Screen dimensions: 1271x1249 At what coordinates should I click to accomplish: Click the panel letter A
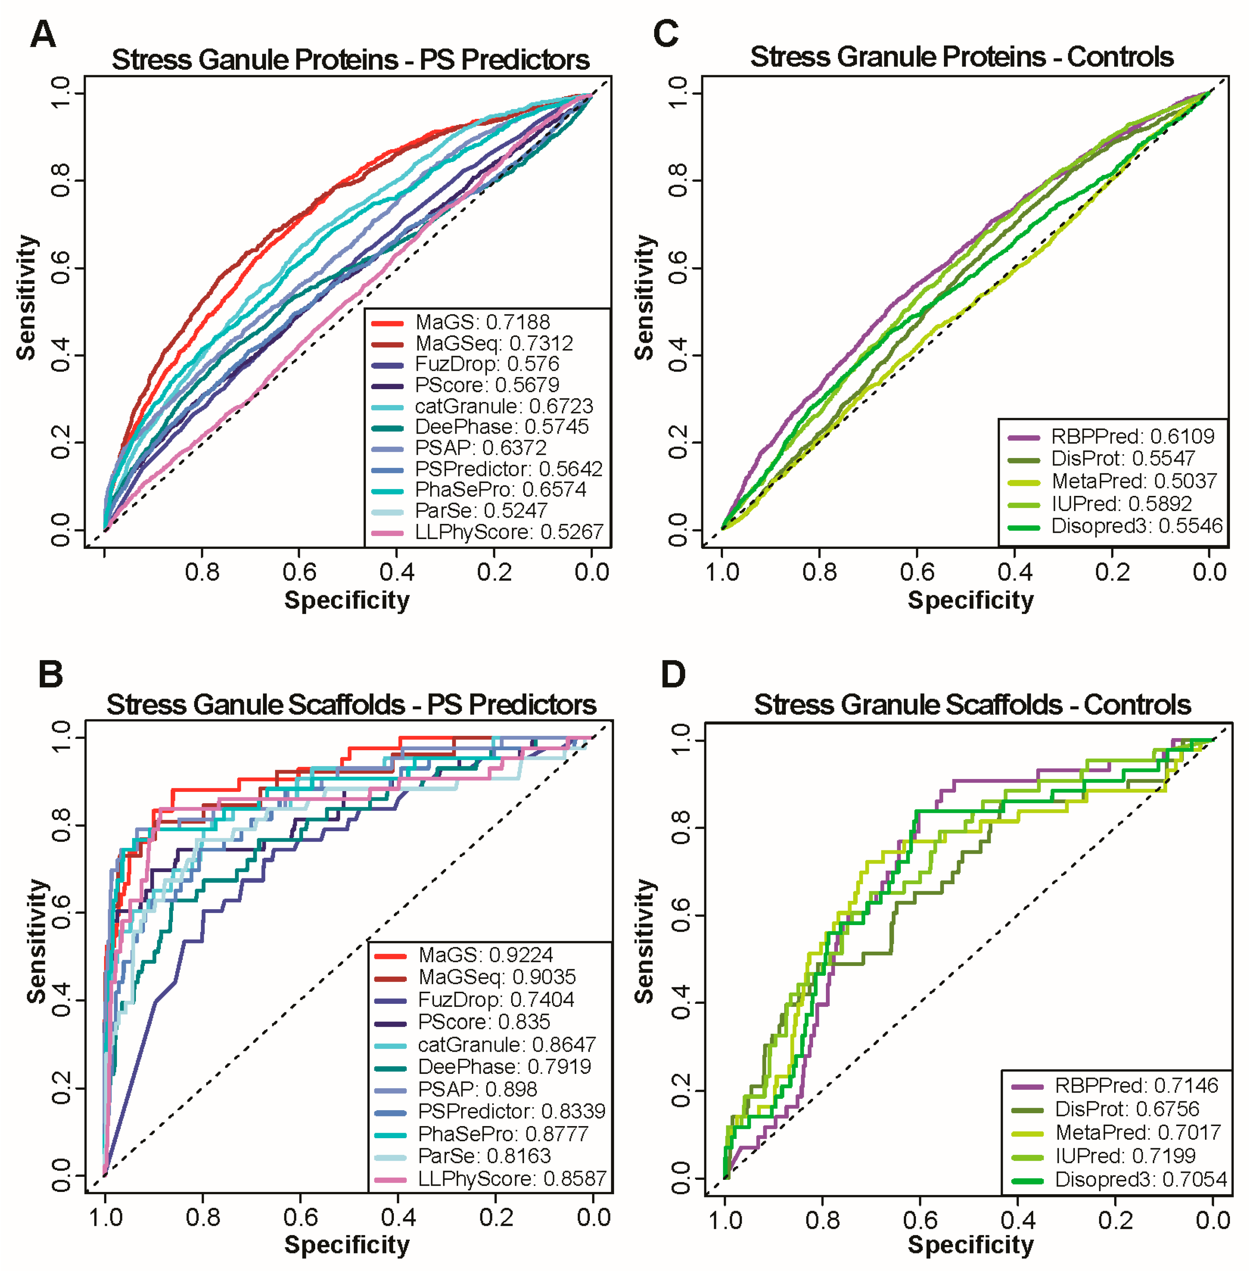(43, 34)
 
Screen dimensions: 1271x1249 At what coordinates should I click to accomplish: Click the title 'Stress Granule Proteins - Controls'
(961, 57)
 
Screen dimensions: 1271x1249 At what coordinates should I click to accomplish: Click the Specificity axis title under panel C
(970, 600)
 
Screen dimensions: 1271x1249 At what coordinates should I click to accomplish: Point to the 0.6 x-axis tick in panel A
(299, 572)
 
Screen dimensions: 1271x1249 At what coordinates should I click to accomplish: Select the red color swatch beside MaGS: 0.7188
(387, 323)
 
